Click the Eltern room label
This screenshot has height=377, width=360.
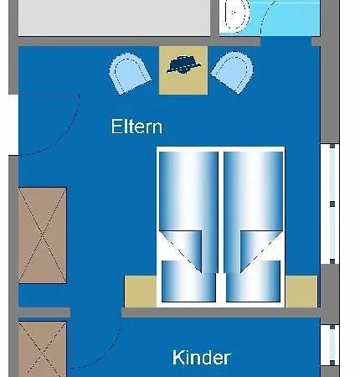(x=136, y=127)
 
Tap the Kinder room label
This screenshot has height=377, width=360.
(x=201, y=358)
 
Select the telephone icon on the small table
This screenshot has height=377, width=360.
(x=183, y=64)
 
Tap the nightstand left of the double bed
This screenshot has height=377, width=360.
(x=140, y=290)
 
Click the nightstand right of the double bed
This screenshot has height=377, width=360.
(x=301, y=290)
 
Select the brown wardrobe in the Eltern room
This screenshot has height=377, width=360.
(x=42, y=235)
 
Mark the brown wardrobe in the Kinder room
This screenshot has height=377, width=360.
(x=42, y=349)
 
